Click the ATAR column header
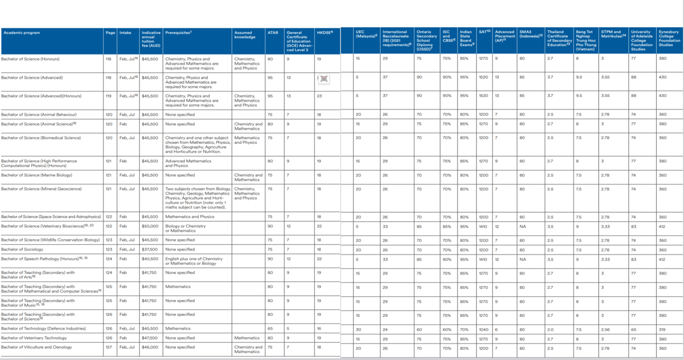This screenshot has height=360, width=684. coord(273,33)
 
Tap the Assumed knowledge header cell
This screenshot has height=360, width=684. coord(243,35)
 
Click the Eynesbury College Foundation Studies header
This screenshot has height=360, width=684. coord(669,39)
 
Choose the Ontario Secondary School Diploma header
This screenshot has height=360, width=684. coord(424,41)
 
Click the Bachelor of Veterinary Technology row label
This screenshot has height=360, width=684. coord(34,338)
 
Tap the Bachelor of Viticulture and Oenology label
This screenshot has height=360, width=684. coord(36,347)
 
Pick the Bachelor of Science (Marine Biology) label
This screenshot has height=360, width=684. coord(36,175)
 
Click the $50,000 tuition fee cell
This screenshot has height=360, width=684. coord(149,226)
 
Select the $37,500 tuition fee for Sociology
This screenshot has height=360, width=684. coord(149,250)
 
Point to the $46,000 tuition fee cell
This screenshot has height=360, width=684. coord(149,347)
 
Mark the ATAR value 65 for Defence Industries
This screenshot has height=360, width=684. coord(270,329)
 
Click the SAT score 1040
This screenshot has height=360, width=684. coord(483,329)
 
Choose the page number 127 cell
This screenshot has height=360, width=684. coord(109,347)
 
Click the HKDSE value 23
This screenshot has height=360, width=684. coord(319,96)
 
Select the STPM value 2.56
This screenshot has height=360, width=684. coord(605,329)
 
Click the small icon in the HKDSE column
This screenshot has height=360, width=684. coord(324,79)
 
